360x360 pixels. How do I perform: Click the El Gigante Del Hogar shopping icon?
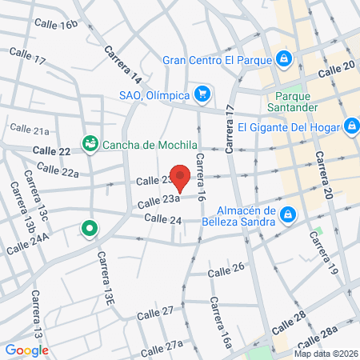pos(350,126)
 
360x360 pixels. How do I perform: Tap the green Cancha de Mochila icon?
pos(90,144)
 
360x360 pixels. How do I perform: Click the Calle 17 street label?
pos(28,56)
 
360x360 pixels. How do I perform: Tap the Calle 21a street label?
pos(30,129)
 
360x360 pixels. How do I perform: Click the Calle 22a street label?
pos(58,171)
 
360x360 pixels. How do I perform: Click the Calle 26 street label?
pos(226,271)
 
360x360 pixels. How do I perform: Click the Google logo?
pos(26,350)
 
